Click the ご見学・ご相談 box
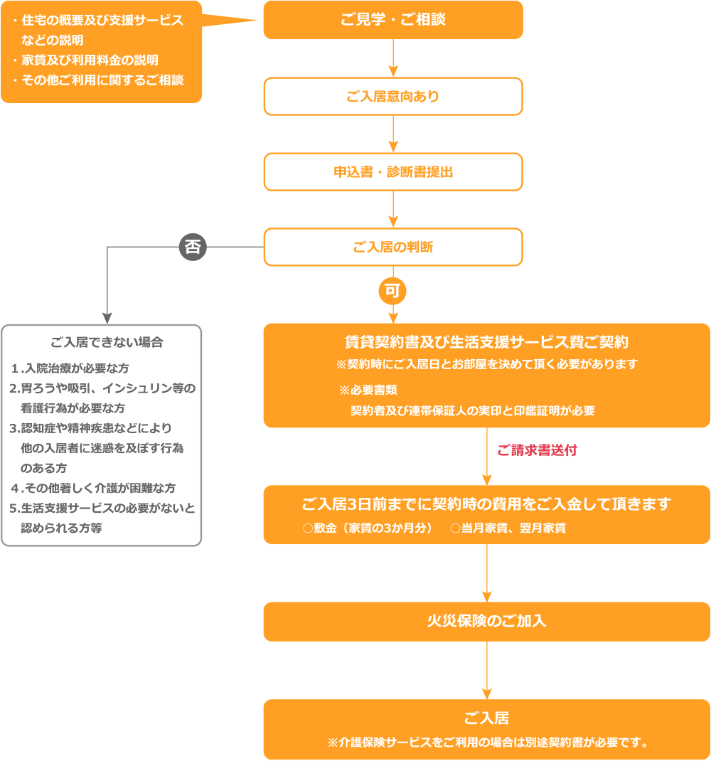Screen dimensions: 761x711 pyautogui.click(x=392, y=20)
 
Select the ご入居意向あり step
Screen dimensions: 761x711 pyautogui.click(x=392, y=96)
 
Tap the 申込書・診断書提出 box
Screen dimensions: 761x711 pyautogui.click(x=392, y=172)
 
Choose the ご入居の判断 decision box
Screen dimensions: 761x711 pyautogui.click(x=392, y=247)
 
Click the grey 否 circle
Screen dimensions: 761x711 pyautogui.click(x=192, y=247)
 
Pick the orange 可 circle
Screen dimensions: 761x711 pyautogui.click(x=392, y=290)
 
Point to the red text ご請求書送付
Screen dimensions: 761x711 pyautogui.click(x=537, y=451)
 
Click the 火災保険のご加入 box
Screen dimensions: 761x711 pyautogui.click(x=486, y=621)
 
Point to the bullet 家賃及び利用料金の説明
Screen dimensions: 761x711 pyautogui.click(x=89, y=60)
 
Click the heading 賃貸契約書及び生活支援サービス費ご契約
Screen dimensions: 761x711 pyautogui.click(x=486, y=342)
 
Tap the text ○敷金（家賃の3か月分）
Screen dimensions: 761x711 pyautogui.click(x=368, y=528)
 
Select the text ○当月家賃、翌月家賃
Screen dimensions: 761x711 pyautogui.click(x=508, y=528)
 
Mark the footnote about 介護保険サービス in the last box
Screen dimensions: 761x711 pyautogui.click(x=486, y=743)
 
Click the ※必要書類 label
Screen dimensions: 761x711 pyautogui.click(x=368, y=390)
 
